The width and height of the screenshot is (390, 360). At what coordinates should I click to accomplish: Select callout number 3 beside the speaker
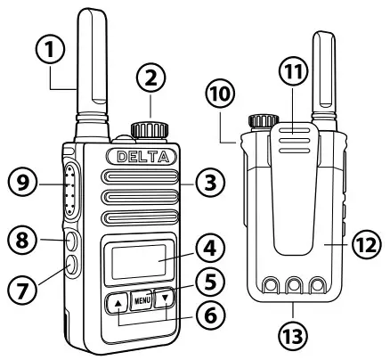[x=208, y=183]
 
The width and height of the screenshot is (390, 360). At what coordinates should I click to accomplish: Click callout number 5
[x=207, y=282]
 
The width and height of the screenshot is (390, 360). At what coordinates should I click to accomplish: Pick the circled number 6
[x=207, y=315]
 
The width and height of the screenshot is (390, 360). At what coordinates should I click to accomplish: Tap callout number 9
[x=23, y=184]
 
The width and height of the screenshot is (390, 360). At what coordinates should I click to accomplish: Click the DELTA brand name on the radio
[x=143, y=156]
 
